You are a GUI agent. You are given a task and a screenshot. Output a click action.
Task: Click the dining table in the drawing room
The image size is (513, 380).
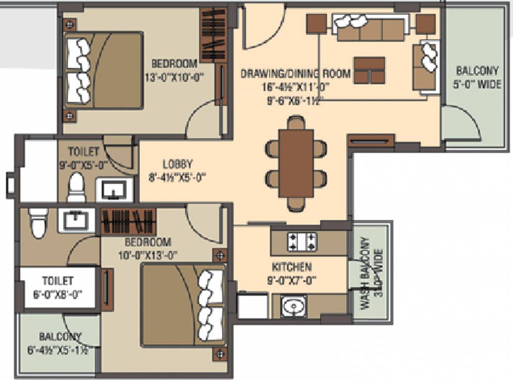[296, 163]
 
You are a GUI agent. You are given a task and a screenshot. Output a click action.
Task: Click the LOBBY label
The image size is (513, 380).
[177, 164]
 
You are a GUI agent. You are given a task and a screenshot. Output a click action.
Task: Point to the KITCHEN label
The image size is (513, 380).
[292, 267]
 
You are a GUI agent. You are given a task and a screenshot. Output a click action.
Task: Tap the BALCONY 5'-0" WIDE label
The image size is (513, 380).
[477, 78]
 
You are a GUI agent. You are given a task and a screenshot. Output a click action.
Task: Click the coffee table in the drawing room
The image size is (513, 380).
[369, 70]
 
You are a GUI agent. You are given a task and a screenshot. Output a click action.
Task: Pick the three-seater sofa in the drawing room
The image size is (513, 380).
[370, 28]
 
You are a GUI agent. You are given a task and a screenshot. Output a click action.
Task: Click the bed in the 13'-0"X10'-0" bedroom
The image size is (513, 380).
[104, 70]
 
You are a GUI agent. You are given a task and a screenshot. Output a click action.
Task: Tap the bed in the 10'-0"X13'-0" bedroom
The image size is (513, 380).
[183, 304]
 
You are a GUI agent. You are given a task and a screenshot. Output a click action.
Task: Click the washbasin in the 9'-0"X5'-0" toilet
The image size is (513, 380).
[114, 189]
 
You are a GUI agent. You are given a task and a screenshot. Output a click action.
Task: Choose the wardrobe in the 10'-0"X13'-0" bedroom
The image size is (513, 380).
[128, 221]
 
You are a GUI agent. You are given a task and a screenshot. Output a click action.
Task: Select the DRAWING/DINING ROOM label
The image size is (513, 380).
[296, 74]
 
